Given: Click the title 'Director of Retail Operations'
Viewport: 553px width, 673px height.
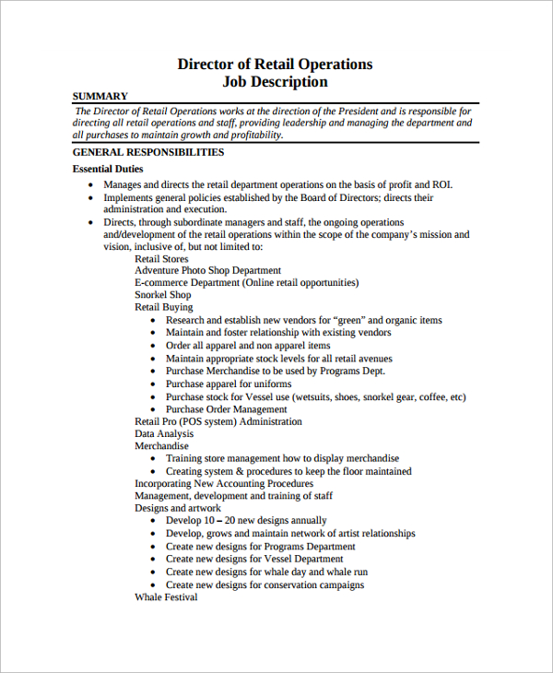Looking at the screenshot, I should [x=275, y=64].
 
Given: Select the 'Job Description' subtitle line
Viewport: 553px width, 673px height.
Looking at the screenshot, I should [x=275, y=81].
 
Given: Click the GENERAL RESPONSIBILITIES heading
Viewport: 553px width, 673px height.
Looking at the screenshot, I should [x=147, y=152].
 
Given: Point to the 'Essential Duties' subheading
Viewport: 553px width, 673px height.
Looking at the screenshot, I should [x=107, y=169].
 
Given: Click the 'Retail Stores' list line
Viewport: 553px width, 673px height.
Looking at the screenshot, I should [x=161, y=259].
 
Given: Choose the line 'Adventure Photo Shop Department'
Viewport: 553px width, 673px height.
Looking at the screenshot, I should [x=208, y=271].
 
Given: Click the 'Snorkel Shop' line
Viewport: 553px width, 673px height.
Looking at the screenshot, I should [x=163, y=295].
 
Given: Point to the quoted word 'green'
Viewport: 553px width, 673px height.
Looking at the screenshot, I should [x=348, y=320].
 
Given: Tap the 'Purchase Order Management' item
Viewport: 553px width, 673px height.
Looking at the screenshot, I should [x=226, y=408].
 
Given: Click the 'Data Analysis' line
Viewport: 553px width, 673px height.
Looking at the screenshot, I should [x=164, y=433].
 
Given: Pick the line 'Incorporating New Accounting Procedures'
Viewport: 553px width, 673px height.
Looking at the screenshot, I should [x=224, y=483].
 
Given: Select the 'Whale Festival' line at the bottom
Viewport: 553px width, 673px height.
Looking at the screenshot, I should [x=166, y=596].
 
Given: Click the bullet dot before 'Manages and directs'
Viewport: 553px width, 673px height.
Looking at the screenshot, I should [x=90, y=185].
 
